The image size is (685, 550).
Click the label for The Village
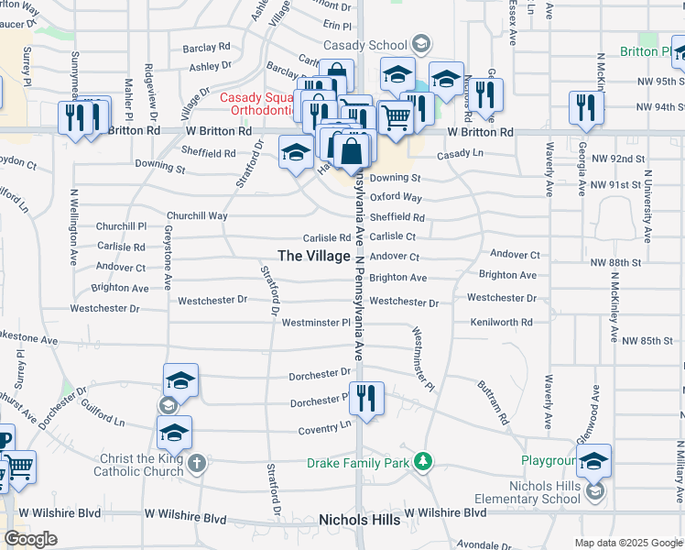point(313,256)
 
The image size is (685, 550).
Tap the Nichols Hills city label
point(359,520)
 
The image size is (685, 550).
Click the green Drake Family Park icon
point(422,460)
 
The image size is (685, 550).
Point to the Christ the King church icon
point(198,462)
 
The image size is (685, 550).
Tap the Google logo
point(30,538)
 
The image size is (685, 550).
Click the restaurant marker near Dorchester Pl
point(365,400)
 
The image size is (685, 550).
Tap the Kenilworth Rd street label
point(501,323)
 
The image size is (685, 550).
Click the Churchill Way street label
point(196,216)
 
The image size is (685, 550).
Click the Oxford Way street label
point(396,197)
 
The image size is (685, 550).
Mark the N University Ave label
point(647,206)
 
